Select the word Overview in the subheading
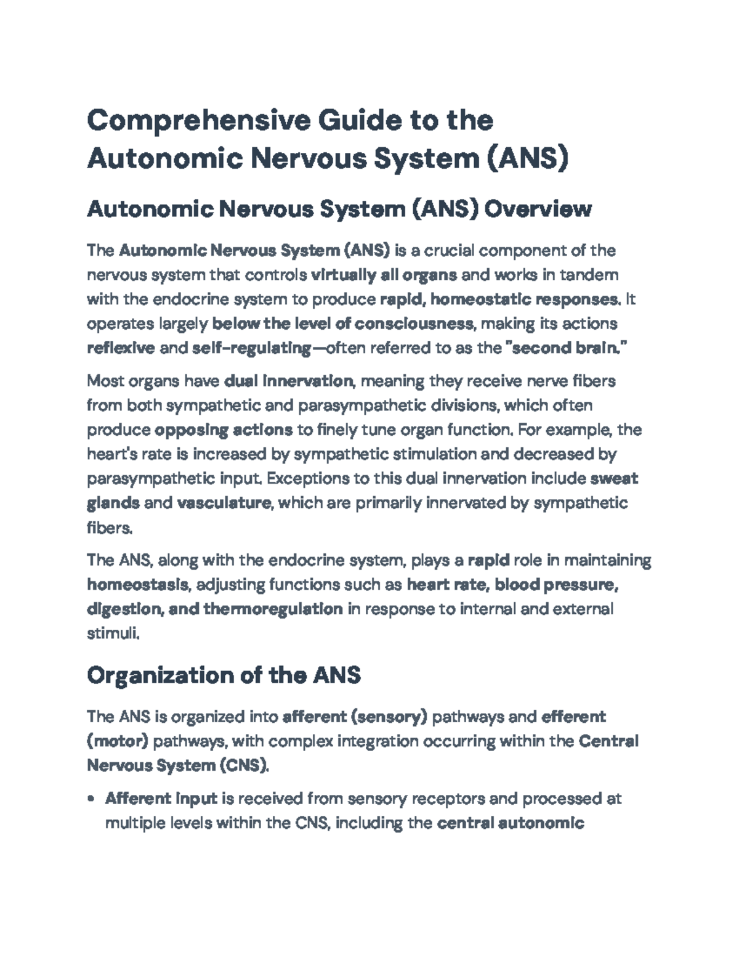[x=538, y=210]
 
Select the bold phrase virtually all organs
[x=384, y=275]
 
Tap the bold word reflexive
[x=121, y=348]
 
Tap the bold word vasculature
[x=224, y=503]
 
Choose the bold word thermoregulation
[x=273, y=609]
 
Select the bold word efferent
[x=573, y=717]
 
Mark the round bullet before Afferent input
[x=92, y=799]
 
